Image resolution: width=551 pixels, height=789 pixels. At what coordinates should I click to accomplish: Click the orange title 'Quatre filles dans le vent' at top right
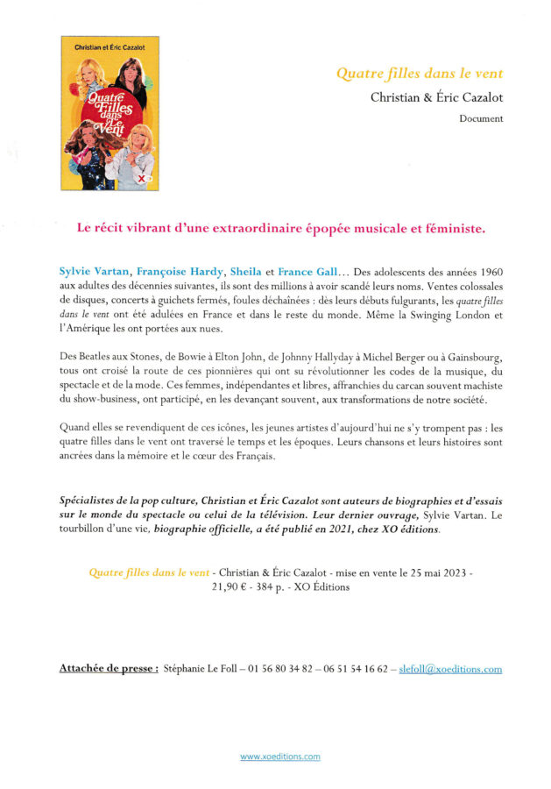click(420, 74)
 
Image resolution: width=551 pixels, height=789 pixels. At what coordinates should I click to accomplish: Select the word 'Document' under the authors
click(481, 118)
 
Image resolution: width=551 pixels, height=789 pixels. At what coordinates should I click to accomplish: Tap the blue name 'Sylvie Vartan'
click(95, 274)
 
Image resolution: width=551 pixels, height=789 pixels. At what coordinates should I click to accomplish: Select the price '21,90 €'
click(230, 586)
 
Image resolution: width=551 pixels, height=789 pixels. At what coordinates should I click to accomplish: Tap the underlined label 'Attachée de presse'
click(108, 669)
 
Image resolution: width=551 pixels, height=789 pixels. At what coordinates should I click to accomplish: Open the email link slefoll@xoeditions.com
click(449, 669)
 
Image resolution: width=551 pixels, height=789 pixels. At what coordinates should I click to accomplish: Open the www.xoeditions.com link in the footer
click(280, 756)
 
